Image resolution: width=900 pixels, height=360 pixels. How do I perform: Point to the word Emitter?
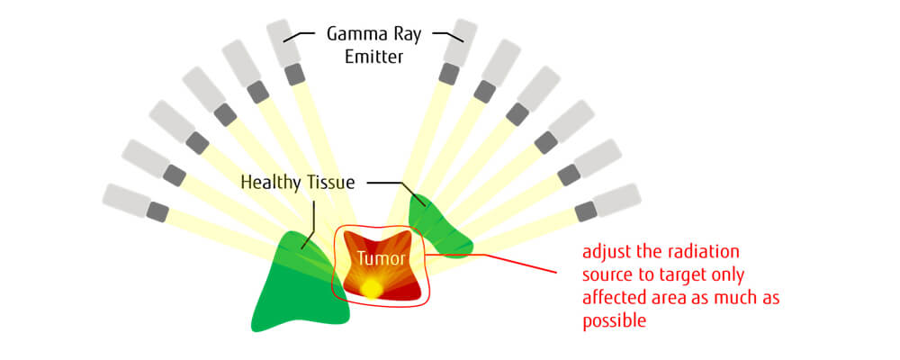click(x=374, y=58)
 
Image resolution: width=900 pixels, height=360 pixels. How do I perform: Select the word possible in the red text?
click(x=615, y=321)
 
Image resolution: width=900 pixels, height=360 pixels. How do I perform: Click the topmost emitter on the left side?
click(x=286, y=52)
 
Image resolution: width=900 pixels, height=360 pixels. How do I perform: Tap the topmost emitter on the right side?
click(x=458, y=52)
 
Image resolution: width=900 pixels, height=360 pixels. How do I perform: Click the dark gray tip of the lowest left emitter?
click(x=157, y=211)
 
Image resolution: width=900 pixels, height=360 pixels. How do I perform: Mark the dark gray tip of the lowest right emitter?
click(x=587, y=211)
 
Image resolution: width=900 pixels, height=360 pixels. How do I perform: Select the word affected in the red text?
click(x=617, y=298)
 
